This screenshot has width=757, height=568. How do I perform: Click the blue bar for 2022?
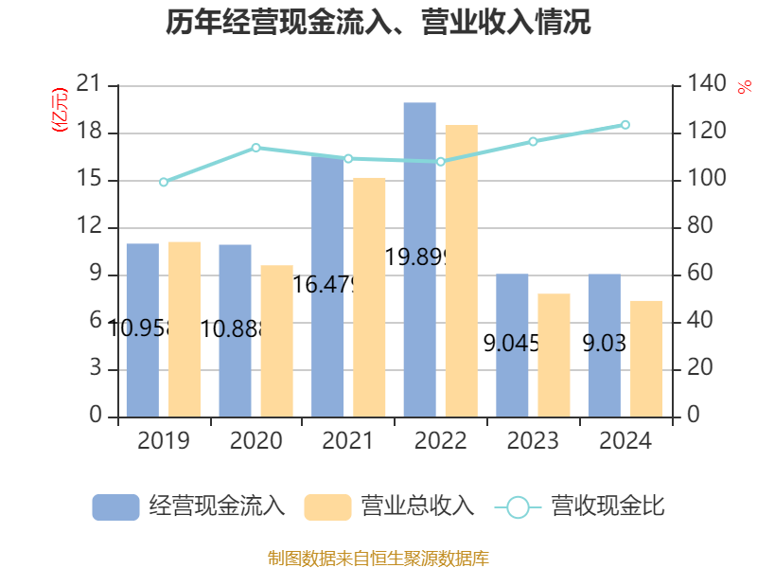pyautogui.click(x=419, y=259)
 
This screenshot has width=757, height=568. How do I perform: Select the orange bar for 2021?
pyautogui.click(x=370, y=296)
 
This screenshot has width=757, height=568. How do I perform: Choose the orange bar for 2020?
pyautogui.click(x=277, y=341)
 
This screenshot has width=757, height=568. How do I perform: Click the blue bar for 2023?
pyautogui.click(x=512, y=345)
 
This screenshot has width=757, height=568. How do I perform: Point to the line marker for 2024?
pyautogui.click(x=625, y=125)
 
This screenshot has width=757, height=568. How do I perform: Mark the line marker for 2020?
pyautogui.click(x=255, y=148)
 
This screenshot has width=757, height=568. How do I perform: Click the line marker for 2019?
pyautogui.click(x=164, y=182)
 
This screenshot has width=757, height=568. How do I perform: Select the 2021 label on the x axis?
pyautogui.click(x=348, y=441)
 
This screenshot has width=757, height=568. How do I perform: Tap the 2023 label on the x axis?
pyautogui.click(x=533, y=441)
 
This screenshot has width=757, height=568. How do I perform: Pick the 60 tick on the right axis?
pyautogui.click(x=697, y=275)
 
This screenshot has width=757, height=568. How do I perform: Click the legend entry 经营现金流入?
pyautogui.click(x=188, y=506)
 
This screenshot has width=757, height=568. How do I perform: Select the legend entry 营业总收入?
pyautogui.click(x=389, y=506)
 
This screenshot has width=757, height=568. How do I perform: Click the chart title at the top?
pyautogui.click(x=378, y=23)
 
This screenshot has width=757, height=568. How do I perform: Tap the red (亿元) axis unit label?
pyautogui.click(x=60, y=110)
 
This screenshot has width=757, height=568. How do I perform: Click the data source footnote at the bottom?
pyautogui.click(x=378, y=558)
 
